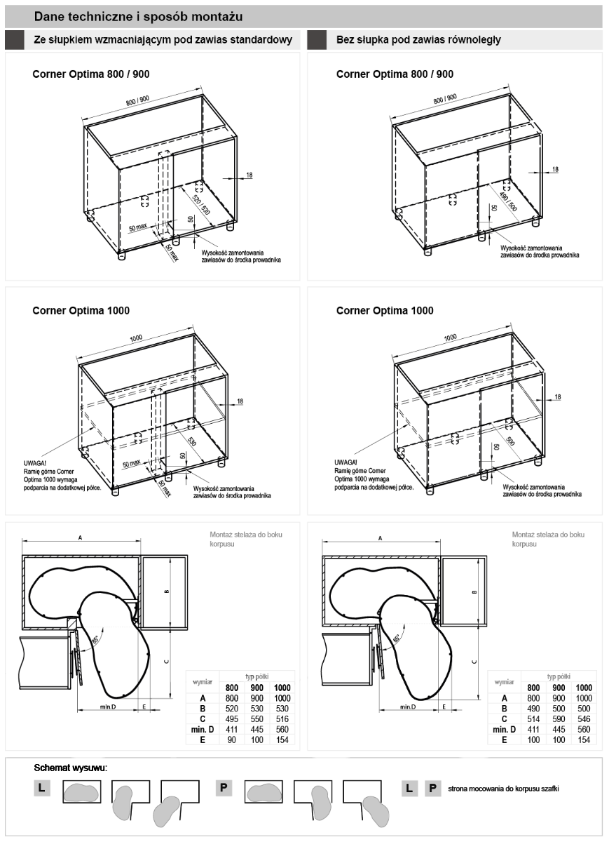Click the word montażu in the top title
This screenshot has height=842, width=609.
[221, 16]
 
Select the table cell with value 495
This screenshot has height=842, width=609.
[232, 719]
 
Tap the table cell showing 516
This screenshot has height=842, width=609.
[282, 719]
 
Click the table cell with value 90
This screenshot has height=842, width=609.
[232, 740]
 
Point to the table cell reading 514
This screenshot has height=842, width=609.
[533, 719]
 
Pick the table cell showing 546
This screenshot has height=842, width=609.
[584, 719]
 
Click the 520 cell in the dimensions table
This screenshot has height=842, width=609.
[232, 709]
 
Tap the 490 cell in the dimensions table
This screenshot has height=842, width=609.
[533, 709]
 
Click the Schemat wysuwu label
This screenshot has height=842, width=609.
[71, 768]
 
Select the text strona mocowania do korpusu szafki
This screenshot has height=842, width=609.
[503, 788]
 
